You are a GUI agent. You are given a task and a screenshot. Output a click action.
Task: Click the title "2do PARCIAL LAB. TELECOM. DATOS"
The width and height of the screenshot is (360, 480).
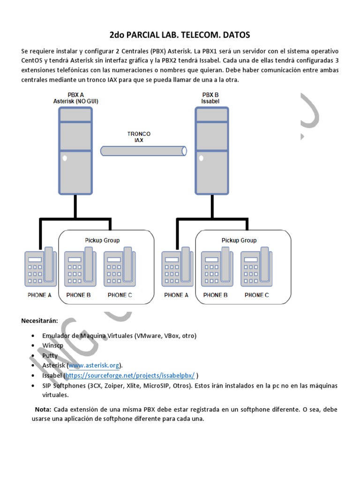coord(180,35)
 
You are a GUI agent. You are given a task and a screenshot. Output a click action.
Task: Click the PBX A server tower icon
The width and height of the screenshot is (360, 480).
coord(75,150)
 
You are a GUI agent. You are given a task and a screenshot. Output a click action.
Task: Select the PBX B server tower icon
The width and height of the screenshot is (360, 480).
coord(212,150)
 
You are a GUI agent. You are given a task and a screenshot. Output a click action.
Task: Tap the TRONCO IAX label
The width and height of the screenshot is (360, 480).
coord(139,137)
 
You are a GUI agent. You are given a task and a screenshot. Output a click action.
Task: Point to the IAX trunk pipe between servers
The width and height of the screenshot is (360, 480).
coord(143,151)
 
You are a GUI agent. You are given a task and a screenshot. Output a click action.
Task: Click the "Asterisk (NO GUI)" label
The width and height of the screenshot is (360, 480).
coord(75,101)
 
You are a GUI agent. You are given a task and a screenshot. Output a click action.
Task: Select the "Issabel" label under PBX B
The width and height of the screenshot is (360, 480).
coord(210,101)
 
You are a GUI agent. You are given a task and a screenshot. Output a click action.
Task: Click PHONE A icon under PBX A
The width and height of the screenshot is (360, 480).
coord(40,267)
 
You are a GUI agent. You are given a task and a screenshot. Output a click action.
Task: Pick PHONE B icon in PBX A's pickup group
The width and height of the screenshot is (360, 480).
coord(80,267)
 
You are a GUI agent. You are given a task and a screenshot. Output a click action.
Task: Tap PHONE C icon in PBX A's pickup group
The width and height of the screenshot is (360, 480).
coord(120,267)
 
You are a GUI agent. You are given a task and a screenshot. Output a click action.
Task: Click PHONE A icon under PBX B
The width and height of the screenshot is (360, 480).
coord(177,267)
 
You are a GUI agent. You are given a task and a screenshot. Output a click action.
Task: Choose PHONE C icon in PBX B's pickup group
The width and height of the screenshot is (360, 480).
coord(256,267)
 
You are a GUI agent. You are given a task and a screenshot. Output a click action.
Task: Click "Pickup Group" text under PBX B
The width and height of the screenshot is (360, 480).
coord(239,240)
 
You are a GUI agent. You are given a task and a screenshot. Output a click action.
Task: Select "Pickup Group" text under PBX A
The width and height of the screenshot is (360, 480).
coord(102,240)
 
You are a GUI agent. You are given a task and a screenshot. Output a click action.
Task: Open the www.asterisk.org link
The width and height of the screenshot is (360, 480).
coord(94,365)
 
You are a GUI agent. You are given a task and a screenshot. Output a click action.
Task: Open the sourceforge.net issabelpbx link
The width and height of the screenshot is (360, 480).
coord(130,375)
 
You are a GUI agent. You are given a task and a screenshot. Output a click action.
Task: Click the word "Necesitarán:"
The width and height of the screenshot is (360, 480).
coord(39,321)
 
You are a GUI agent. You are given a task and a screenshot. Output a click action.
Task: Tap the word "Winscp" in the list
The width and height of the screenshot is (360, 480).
coord(52,345)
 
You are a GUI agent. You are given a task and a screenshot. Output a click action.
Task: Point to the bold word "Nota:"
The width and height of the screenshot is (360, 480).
coord(43,410)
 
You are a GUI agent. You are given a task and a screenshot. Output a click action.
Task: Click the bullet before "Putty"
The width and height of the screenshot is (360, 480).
coord(33,356)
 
